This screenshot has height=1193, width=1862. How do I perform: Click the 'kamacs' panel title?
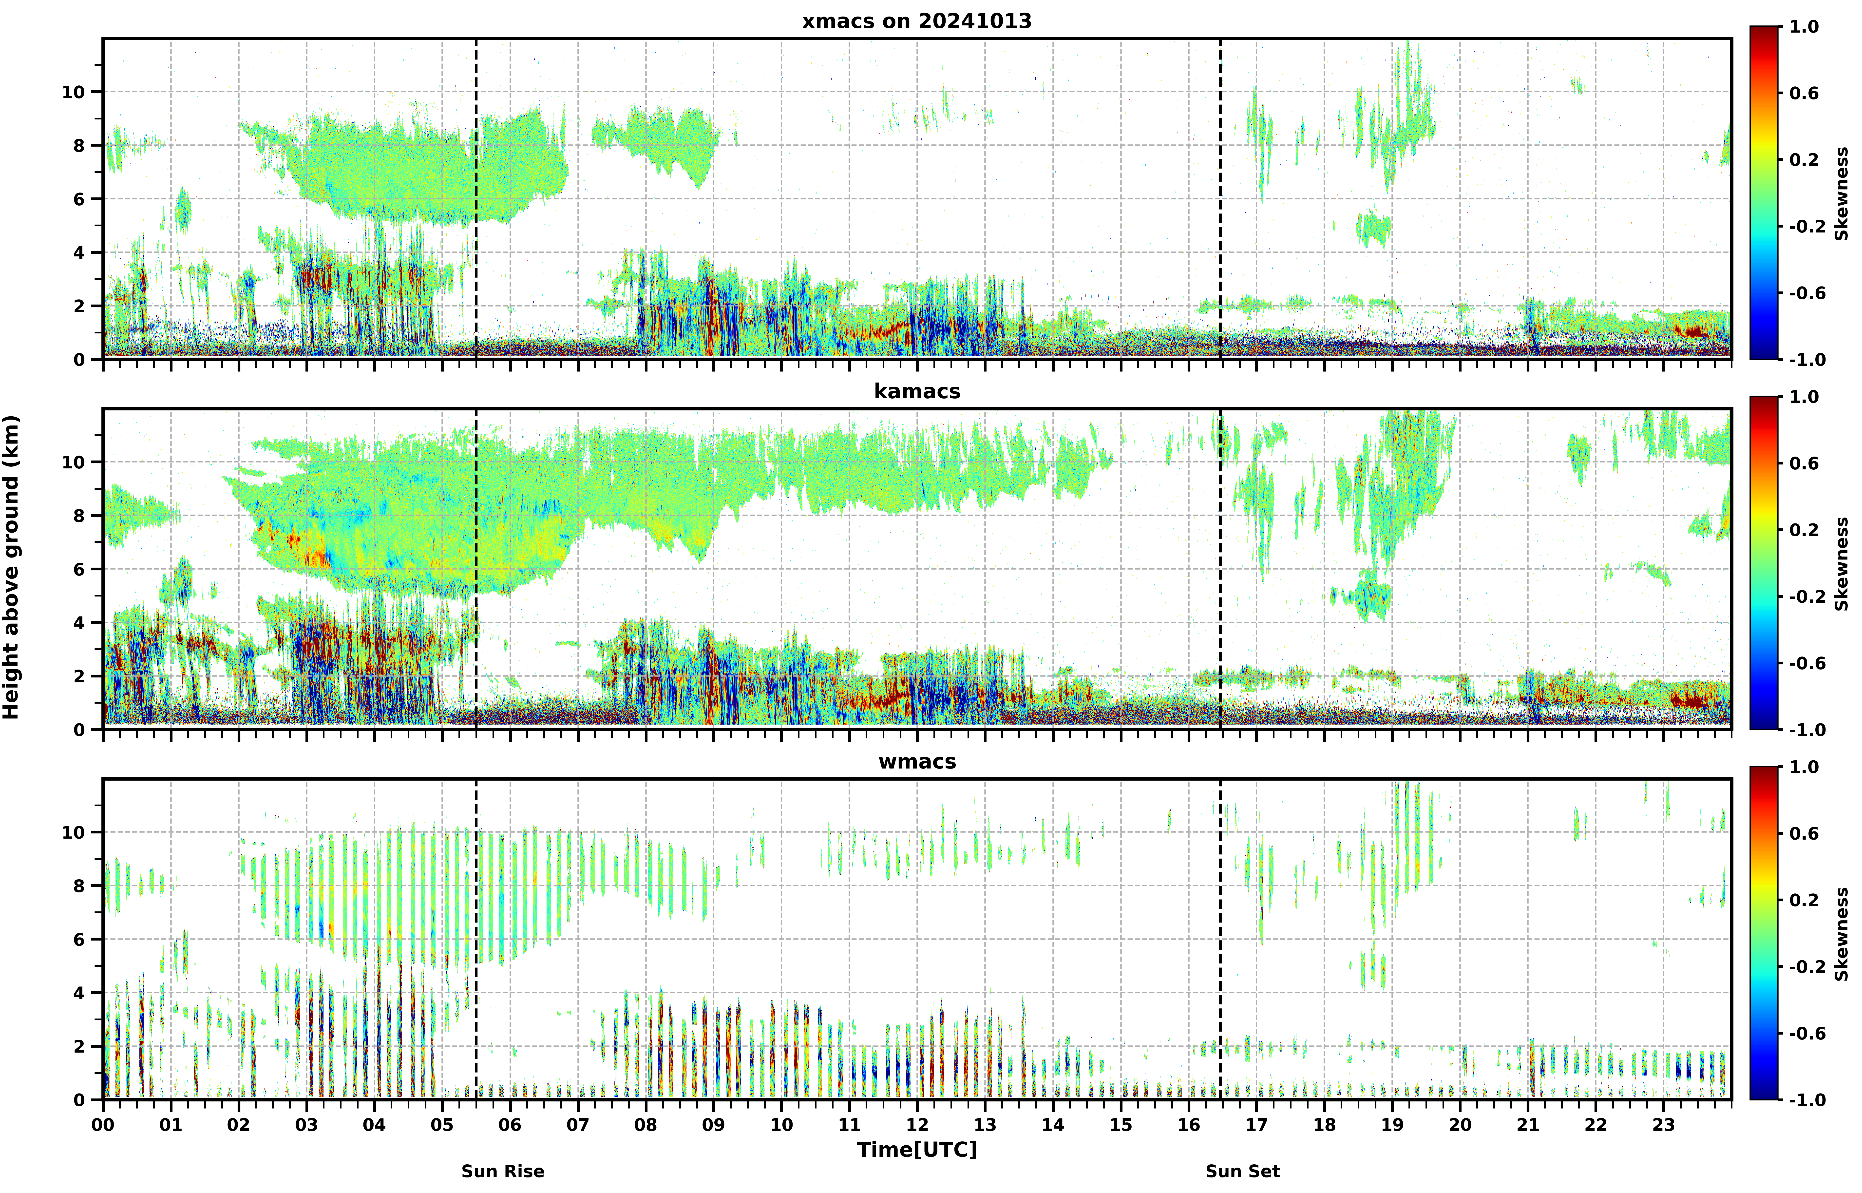click(917, 391)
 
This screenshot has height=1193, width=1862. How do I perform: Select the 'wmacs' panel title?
click(917, 762)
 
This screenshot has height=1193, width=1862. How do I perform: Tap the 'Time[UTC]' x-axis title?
click(917, 1150)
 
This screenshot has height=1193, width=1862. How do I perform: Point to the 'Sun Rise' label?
click(503, 1171)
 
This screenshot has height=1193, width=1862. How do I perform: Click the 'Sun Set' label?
click(1242, 1171)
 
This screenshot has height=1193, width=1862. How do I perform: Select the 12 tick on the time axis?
click(917, 1124)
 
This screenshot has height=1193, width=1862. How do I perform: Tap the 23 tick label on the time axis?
click(1664, 1124)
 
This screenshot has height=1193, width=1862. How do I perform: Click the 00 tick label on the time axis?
click(103, 1124)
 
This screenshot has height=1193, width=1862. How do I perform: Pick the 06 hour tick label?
click(510, 1124)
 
